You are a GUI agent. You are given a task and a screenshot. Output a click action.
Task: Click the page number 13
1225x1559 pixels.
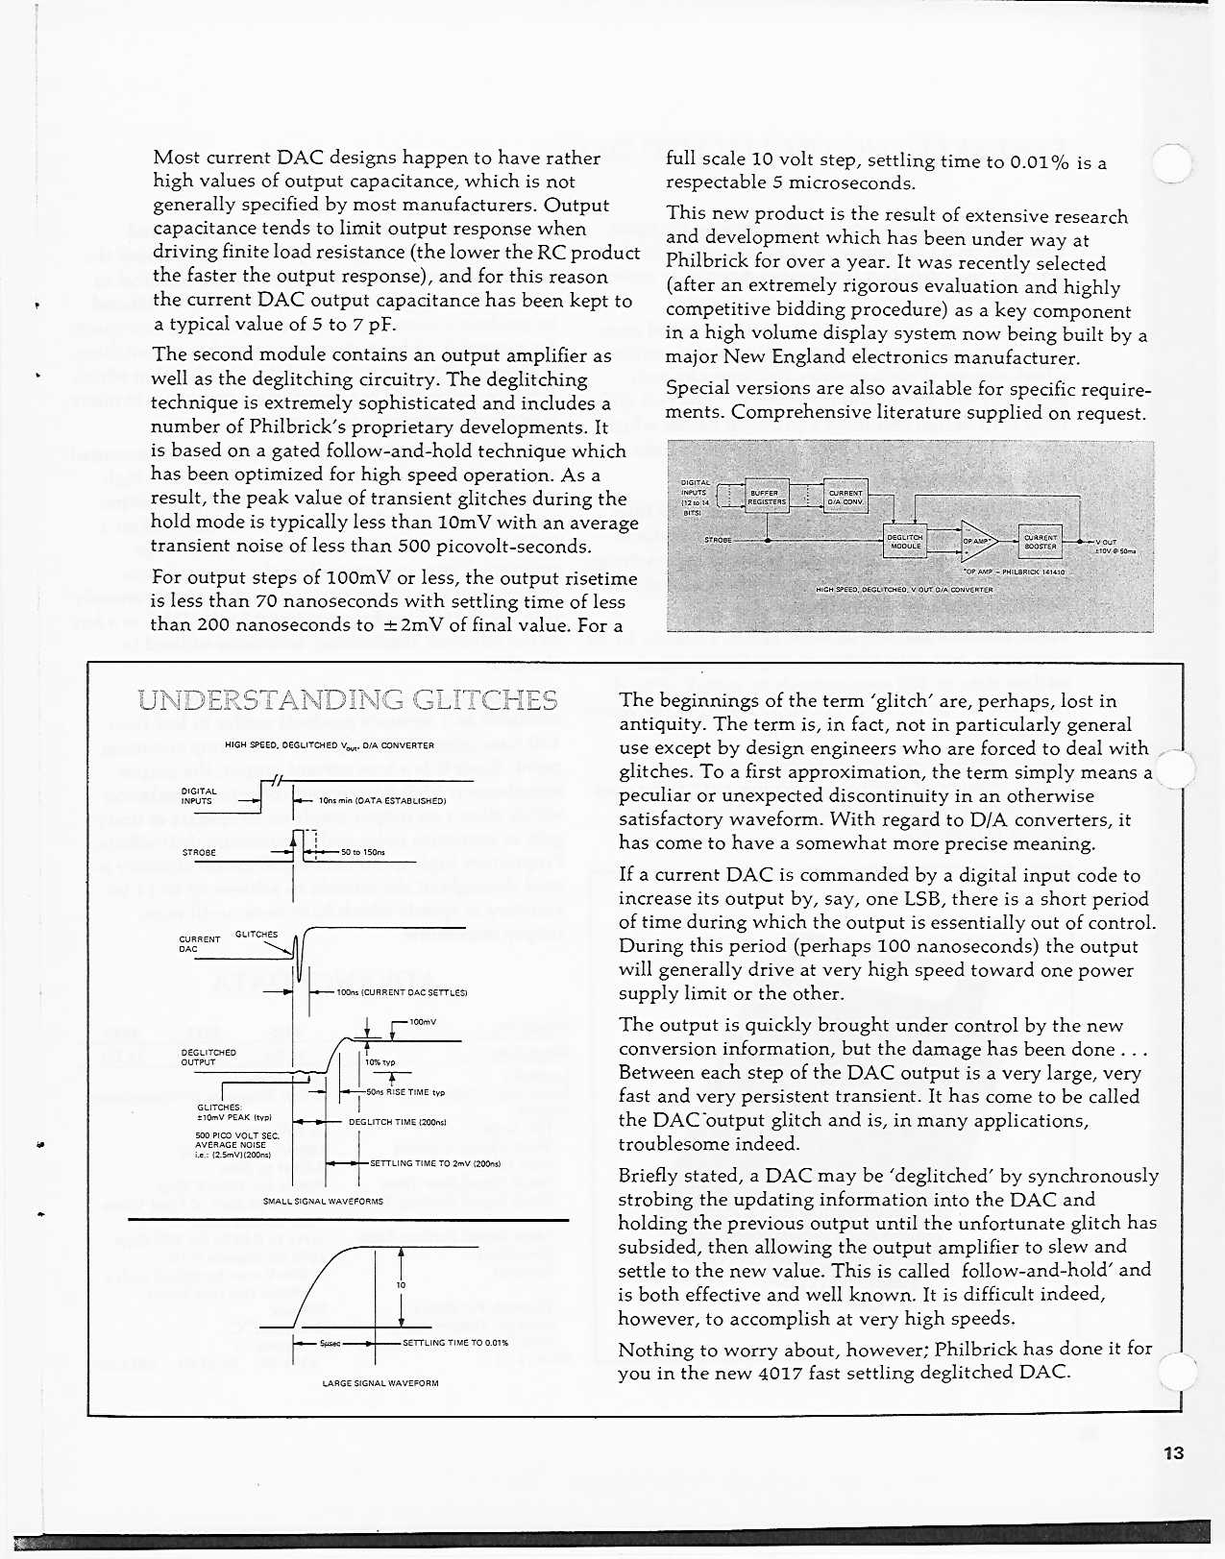coord(1173,1452)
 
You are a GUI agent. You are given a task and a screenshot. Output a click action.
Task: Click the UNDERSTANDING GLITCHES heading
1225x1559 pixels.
coord(348,699)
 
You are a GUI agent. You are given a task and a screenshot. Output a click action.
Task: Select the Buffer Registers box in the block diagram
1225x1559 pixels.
coord(767,497)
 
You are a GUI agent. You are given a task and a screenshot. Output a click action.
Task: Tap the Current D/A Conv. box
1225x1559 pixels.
coord(845,497)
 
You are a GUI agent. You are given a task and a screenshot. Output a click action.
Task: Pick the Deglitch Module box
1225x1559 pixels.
coord(904,542)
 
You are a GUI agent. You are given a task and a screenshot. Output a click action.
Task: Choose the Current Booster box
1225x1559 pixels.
coord(1041,542)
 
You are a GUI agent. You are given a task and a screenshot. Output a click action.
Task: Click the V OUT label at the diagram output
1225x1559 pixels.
coord(1106,542)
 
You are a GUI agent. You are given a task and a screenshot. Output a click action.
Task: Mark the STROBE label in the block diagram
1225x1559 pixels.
coord(718,540)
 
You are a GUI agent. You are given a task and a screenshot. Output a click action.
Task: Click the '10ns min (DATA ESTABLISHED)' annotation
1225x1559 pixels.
coord(381,799)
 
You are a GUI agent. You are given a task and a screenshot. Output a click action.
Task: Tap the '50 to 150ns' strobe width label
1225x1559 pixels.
coord(362,852)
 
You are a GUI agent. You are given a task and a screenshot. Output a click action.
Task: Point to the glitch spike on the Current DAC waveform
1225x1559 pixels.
coord(299,954)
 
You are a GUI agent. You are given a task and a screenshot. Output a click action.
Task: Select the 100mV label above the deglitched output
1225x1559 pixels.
coord(422,1022)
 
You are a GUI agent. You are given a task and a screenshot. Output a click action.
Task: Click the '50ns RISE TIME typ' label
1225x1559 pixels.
coord(405,1092)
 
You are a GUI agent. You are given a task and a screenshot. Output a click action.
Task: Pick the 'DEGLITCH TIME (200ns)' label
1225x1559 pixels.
coord(397,1121)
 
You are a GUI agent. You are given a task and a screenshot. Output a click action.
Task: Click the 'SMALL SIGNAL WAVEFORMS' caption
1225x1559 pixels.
coord(323,1201)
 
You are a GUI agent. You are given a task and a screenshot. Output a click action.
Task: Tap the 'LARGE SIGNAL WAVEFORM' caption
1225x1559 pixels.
coord(380,1383)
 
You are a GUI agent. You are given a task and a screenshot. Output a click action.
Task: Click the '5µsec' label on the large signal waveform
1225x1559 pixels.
coord(331,1343)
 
